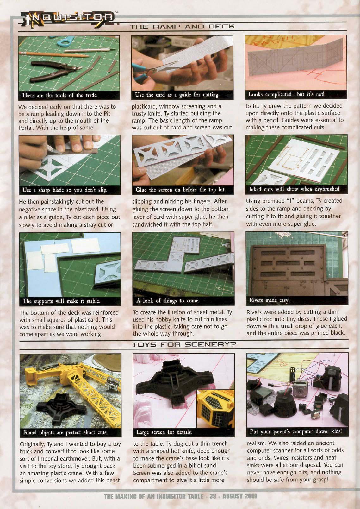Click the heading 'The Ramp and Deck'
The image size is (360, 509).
[182, 27]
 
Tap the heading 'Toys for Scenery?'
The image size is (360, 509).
[184, 344]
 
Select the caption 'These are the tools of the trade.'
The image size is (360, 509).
[60, 95]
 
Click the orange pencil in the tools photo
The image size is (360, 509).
[55, 54]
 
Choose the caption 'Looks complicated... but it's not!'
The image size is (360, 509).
[286, 94]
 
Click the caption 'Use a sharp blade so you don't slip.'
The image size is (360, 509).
[65, 190]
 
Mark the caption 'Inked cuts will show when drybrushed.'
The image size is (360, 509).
[295, 189]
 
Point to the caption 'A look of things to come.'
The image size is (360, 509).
[168, 301]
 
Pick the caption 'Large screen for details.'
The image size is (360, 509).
[164, 432]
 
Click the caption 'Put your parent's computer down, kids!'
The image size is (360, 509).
[296, 431]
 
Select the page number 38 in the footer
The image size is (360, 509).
[213, 496]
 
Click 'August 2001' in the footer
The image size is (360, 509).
[239, 496]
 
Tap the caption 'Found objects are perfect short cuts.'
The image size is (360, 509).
[65, 432]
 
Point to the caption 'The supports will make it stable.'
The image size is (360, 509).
[61, 301]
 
